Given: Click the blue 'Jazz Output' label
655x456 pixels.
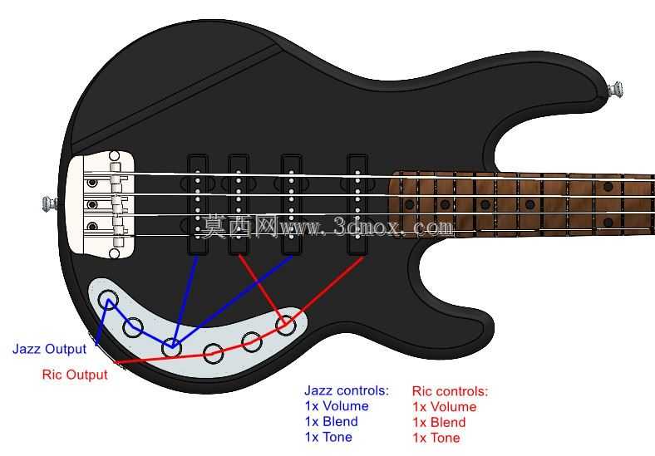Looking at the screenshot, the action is [x=49, y=349].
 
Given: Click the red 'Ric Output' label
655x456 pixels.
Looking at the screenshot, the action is [x=75, y=375].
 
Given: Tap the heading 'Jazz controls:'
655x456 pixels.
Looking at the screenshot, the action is [x=347, y=390].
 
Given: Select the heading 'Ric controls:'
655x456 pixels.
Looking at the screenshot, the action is [x=450, y=391].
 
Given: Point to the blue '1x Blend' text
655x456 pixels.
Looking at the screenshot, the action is [x=332, y=421].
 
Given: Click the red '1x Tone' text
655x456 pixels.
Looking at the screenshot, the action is [x=436, y=438].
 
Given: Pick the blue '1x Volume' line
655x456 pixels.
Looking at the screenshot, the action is [x=337, y=406].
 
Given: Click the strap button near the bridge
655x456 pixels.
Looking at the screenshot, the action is [x=50, y=203].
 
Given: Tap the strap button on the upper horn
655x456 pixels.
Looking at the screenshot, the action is [x=615, y=90].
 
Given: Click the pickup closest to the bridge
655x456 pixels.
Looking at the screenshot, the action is [x=197, y=204].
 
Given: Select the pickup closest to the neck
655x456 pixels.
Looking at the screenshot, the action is [x=357, y=204].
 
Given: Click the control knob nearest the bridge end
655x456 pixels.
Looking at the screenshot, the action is [x=108, y=300].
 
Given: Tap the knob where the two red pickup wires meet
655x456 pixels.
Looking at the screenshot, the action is [x=286, y=326].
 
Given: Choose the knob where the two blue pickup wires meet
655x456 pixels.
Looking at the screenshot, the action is [x=171, y=347].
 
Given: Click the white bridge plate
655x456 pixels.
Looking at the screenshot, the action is [x=101, y=204].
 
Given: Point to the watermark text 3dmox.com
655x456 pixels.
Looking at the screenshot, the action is [x=393, y=228].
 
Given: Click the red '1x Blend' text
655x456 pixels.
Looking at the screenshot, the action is [x=439, y=422].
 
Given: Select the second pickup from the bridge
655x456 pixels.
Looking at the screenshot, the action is [x=239, y=204].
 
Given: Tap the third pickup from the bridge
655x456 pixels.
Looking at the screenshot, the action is [x=291, y=204].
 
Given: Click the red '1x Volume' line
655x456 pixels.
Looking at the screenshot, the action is [x=445, y=407].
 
